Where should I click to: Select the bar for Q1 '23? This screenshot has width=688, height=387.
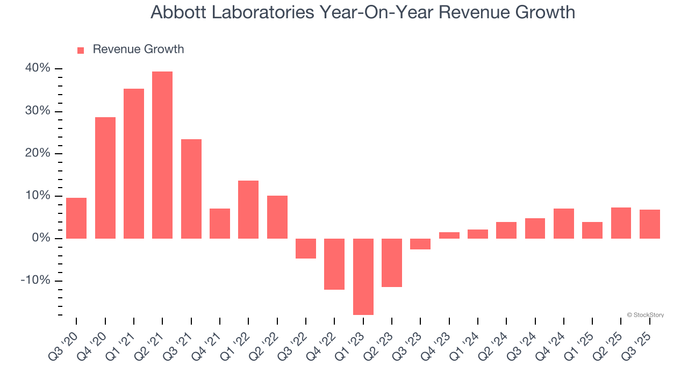coord(363,276)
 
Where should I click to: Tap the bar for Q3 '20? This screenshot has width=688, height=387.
coord(76,218)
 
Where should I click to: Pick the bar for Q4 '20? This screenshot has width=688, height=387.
coord(105,178)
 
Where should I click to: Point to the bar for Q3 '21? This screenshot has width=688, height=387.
coord(191,189)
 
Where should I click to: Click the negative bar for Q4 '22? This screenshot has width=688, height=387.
coord(334,264)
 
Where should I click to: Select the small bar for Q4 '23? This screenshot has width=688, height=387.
coord(449,235)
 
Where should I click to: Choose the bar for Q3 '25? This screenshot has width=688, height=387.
coord(650,224)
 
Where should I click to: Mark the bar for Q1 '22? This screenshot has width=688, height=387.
coord(248,210)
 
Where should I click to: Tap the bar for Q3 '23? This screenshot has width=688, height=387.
coord(420,244)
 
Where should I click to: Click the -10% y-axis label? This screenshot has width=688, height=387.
coord(35,281)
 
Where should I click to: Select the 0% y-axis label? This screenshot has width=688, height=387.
coord(41,238)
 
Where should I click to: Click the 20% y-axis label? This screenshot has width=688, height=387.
coord(38,153)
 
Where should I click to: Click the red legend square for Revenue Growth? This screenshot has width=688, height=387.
coord(81,50)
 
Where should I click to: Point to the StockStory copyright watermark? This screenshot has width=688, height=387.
coord(645,315)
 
